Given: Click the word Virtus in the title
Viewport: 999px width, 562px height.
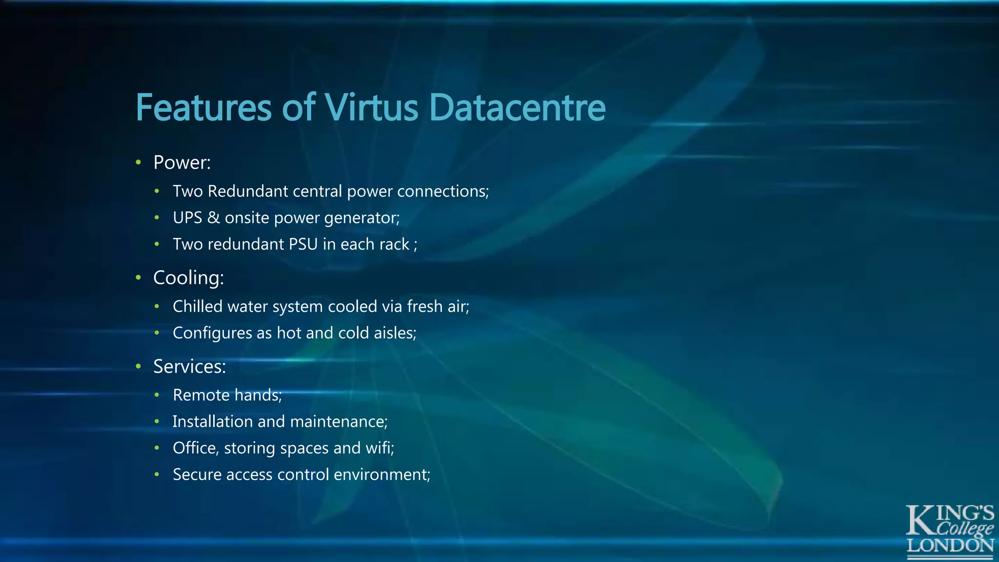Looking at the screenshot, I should pyautogui.click(x=371, y=107).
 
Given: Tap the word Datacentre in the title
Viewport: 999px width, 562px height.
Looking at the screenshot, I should pyautogui.click(x=517, y=107).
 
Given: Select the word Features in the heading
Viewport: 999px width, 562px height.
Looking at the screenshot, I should pyautogui.click(x=203, y=107).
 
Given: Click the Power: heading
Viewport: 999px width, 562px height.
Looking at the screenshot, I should pyautogui.click(x=182, y=162).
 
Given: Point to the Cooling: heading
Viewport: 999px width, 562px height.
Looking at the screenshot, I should pyautogui.click(x=188, y=278).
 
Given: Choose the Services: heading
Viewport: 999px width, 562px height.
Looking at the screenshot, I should pyautogui.click(x=189, y=366).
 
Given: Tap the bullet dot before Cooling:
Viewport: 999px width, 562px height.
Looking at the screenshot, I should pyautogui.click(x=139, y=278).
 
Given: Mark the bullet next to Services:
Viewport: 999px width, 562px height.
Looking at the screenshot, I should pyautogui.click(x=139, y=366).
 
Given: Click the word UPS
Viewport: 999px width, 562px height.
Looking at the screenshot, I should pyautogui.click(x=187, y=218).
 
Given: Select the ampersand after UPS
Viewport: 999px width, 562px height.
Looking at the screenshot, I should pyautogui.click(x=213, y=218).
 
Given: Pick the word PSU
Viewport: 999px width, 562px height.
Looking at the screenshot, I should pyautogui.click(x=303, y=244).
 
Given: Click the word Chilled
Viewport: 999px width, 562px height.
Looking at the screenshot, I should pyautogui.click(x=197, y=306).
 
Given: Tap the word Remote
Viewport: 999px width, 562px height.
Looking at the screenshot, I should pyautogui.click(x=201, y=395).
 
